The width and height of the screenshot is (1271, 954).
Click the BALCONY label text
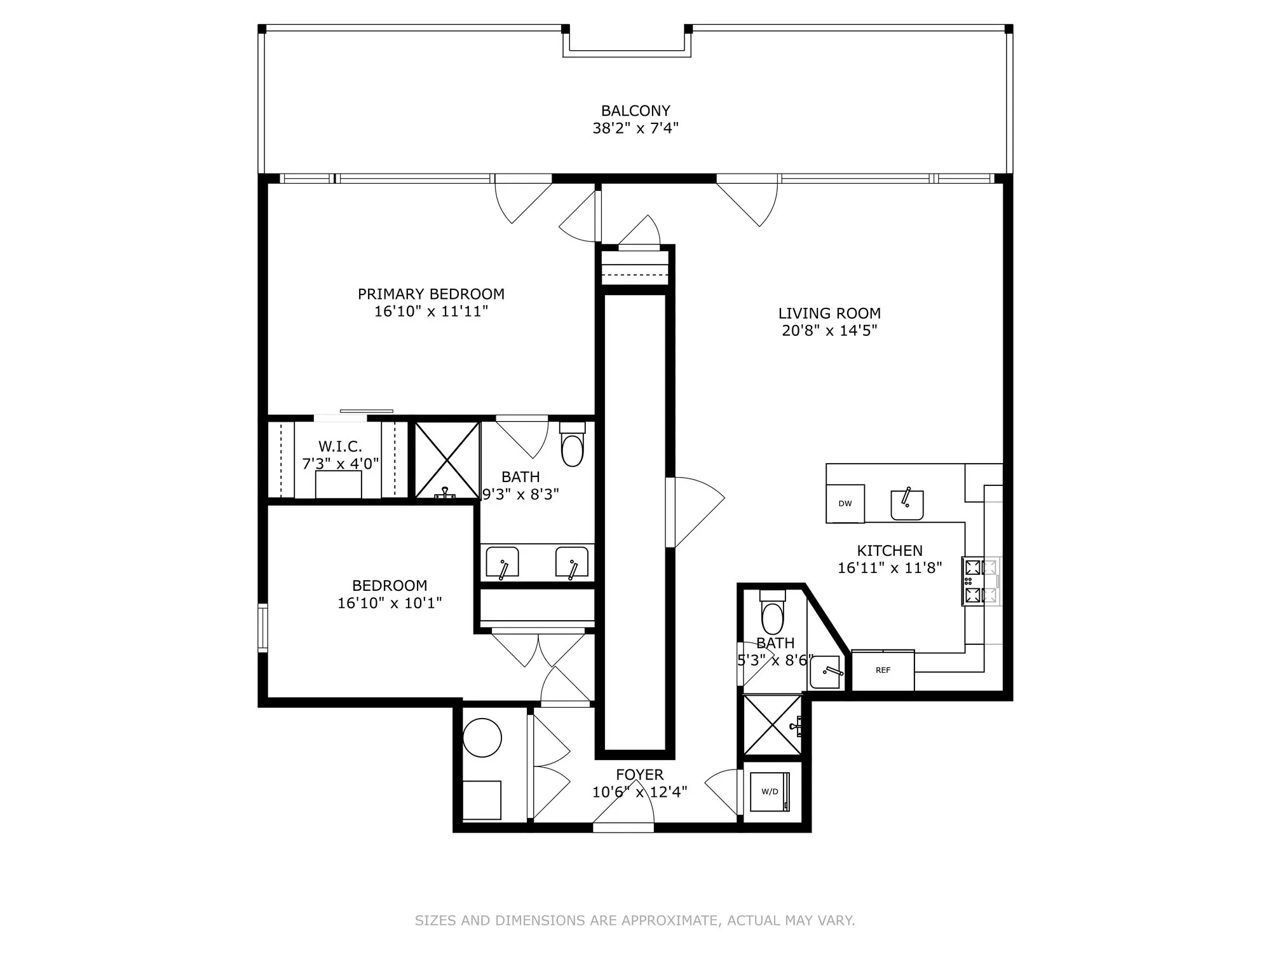coord(635,111)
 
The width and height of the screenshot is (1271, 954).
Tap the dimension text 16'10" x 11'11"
coord(431,312)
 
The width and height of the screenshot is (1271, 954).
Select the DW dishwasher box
coord(845,504)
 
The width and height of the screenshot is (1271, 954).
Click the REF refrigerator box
coord(883,670)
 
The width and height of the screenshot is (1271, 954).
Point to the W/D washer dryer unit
coord(770,792)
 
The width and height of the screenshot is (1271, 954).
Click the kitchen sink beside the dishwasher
coord(907,504)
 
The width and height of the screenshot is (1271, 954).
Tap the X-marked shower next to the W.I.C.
coord(447,460)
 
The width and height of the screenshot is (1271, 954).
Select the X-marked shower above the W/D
coord(771,725)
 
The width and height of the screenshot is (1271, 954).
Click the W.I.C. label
coord(340,446)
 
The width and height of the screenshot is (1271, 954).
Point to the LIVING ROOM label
coord(829,313)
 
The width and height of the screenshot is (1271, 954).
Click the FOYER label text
coord(639,775)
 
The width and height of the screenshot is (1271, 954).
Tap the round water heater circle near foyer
coord(482,738)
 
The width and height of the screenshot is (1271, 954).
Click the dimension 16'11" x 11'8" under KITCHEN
coord(889,568)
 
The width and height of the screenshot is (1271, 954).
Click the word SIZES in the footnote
coord(435,920)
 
